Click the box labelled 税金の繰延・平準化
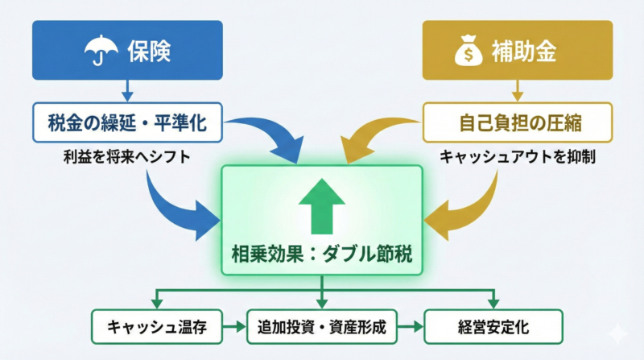[x=126, y=123]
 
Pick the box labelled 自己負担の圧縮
[x=517, y=123]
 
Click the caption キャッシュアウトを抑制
[x=517, y=157]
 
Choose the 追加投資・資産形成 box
[x=322, y=326]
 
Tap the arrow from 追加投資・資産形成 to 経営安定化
[x=410, y=326]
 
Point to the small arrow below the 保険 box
[x=126, y=89]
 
